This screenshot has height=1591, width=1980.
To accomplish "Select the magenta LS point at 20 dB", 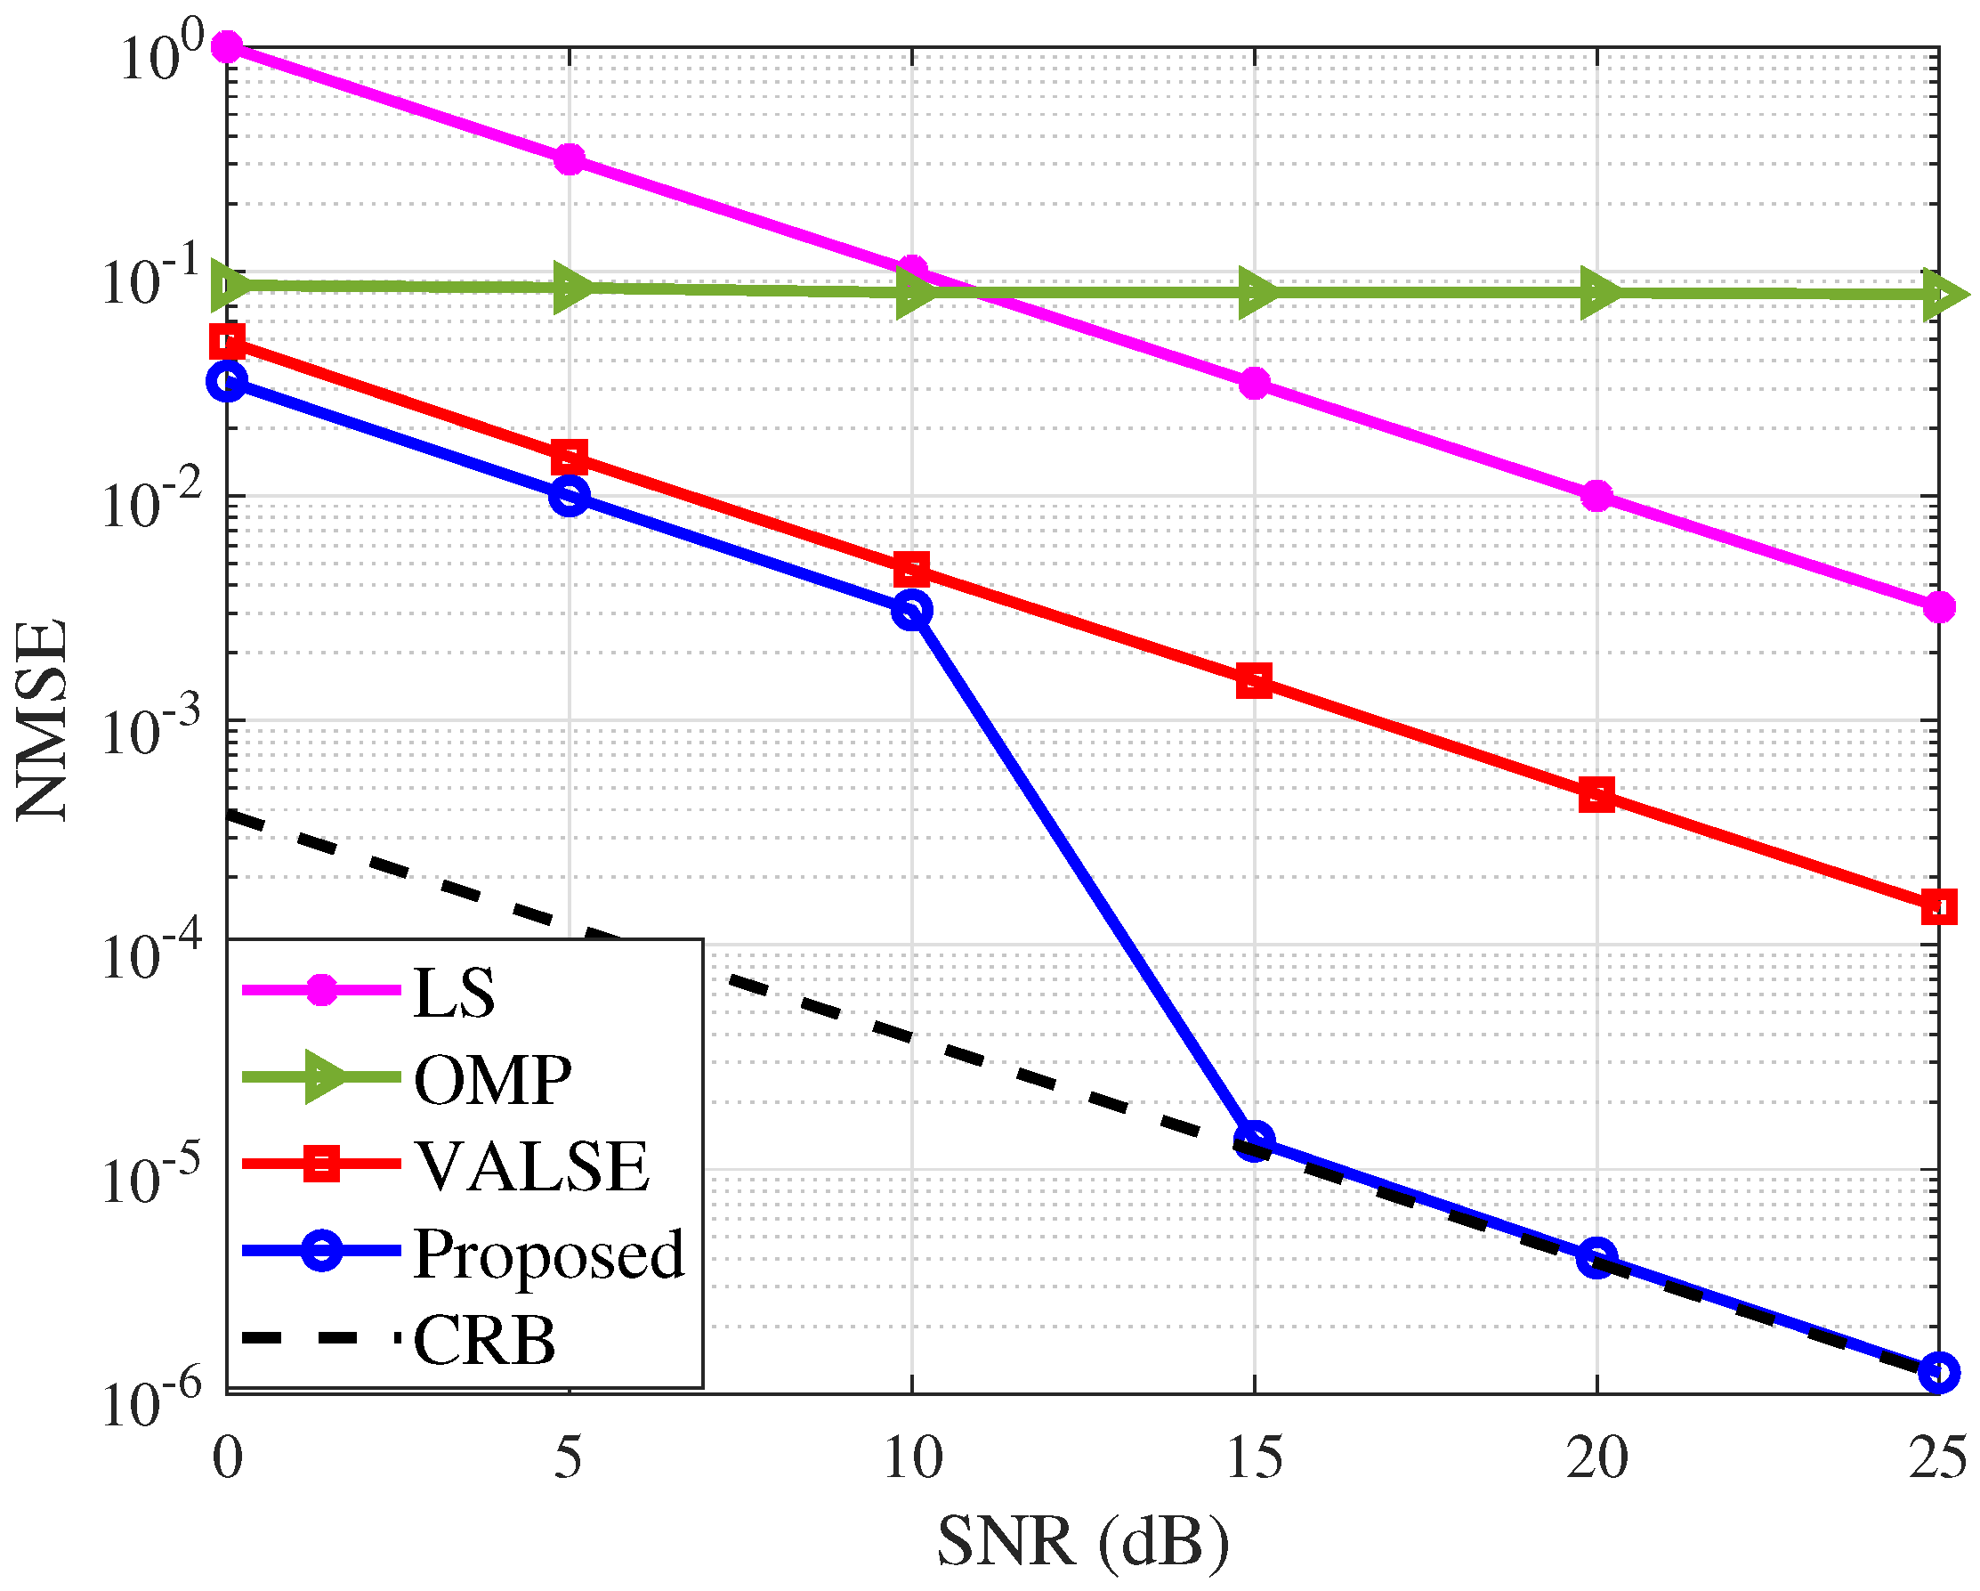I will [x=1597, y=496].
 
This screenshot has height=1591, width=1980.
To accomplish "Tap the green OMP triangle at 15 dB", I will [x=1255, y=294].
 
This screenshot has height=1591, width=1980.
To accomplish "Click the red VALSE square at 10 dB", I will [x=912, y=569].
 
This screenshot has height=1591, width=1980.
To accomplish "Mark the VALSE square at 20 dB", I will [x=1597, y=793].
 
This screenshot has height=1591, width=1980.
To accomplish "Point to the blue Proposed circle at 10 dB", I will [x=912, y=610].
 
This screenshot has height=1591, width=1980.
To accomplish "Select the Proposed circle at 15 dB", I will [x=1255, y=1140].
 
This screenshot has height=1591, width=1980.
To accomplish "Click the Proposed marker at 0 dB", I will [x=227, y=381].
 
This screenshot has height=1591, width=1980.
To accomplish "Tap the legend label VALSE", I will [x=533, y=1167].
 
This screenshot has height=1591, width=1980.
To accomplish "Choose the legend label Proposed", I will [x=549, y=1254].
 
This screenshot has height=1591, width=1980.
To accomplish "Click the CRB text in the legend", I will [x=484, y=1341].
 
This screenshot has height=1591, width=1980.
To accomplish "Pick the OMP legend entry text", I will [x=492, y=1080].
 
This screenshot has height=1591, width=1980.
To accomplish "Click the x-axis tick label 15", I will [x=1255, y=1457].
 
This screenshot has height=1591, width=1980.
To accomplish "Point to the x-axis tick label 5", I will [x=570, y=1457].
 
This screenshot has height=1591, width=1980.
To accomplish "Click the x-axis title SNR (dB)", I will [x=1083, y=1542].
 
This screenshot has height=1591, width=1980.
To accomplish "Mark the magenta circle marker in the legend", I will [x=321, y=990].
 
